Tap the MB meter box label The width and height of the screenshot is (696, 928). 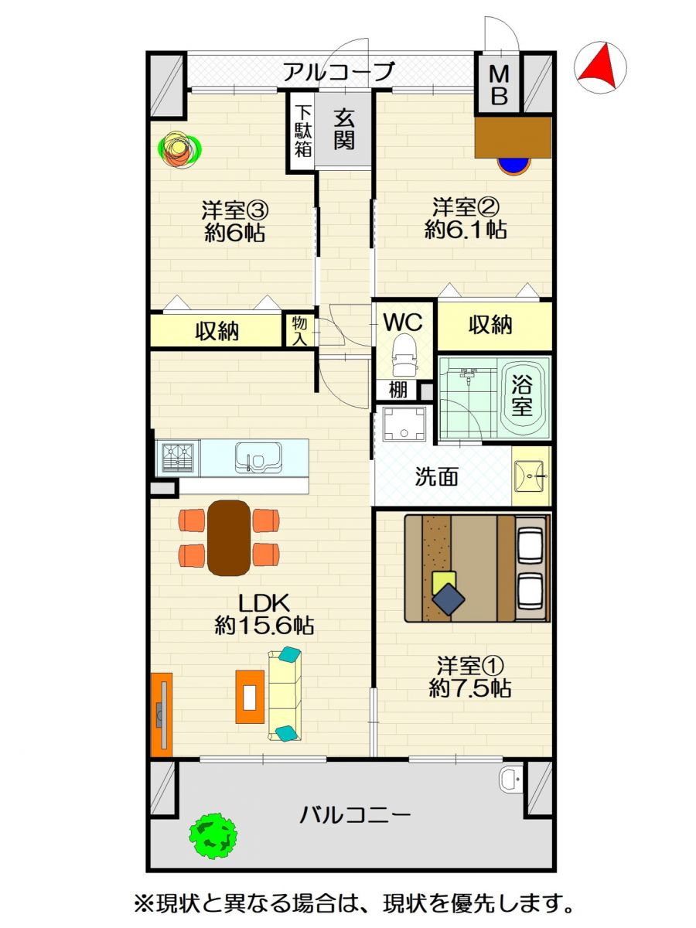click(x=499, y=85)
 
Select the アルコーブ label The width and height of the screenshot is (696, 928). click(x=339, y=71)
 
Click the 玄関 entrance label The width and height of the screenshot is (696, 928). click(x=343, y=130)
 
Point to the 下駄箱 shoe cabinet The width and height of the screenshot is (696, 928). click(x=302, y=131)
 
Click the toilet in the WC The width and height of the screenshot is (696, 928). click(x=403, y=355)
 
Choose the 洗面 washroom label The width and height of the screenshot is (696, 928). click(x=436, y=476)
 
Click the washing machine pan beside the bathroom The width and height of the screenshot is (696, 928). click(x=404, y=423)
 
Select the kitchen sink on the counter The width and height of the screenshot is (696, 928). click(x=258, y=458)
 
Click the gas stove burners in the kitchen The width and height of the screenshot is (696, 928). click(x=177, y=458)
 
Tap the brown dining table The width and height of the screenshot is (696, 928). click(x=229, y=537)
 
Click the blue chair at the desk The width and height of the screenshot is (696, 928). click(x=513, y=165)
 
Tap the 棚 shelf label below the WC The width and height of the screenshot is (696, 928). click(x=397, y=391)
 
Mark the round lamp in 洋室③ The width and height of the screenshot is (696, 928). click(x=179, y=150)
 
